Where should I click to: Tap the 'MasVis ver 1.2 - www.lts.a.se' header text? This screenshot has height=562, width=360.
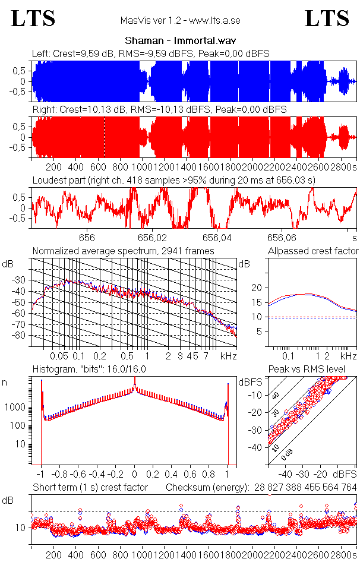(180, 21)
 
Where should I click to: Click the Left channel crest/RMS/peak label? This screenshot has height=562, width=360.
(151, 53)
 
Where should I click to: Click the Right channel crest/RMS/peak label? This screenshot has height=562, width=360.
(159, 110)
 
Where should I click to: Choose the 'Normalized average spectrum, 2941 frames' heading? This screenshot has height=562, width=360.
(124, 251)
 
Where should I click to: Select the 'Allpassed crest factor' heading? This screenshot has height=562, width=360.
(314, 251)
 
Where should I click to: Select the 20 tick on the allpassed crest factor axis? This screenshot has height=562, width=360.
(257, 288)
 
